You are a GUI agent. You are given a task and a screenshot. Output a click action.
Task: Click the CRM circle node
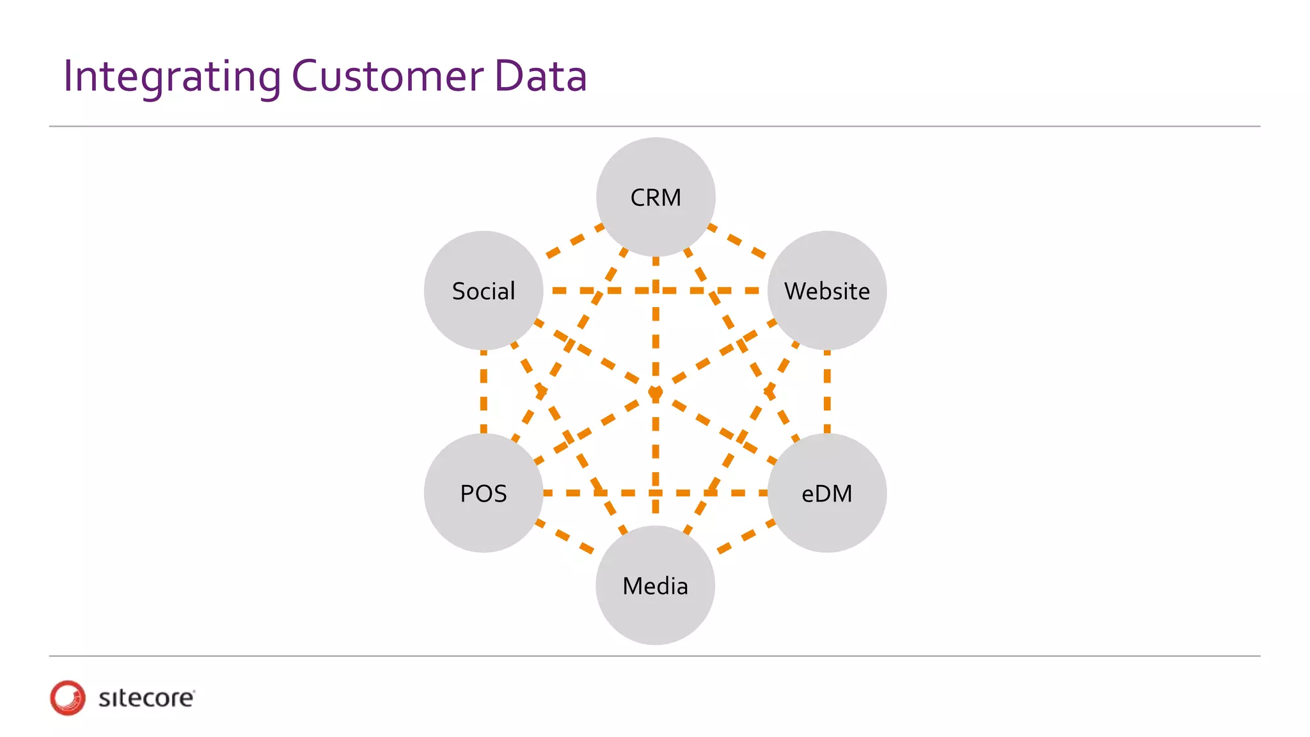click(x=656, y=197)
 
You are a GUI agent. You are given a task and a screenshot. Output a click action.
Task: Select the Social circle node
click(x=484, y=290)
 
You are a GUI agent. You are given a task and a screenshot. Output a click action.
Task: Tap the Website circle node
click(x=827, y=290)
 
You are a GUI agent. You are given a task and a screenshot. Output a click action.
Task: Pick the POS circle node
click(x=484, y=493)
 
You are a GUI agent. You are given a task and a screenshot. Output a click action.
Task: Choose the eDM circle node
click(x=827, y=493)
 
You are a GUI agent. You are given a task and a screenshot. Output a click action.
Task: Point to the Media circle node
click(x=656, y=585)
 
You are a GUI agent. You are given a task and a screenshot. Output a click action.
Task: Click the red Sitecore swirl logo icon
click(x=68, y=697)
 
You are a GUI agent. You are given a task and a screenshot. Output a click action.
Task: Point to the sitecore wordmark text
click(x=146, y=698)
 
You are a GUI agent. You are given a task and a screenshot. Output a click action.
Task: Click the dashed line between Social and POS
click(x=484, y=392)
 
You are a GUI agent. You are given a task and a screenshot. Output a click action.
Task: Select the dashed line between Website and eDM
click(x=827, y=392)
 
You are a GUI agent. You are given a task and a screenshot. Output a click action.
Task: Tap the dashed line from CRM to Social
click(x=574, y=241)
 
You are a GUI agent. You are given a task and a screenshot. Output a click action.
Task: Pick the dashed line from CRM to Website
click(x=738, y=241)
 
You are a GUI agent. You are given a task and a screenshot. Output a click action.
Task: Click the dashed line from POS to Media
click(x=566, y=537)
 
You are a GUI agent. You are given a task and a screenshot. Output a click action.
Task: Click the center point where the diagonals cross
click(x=656, y=392)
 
